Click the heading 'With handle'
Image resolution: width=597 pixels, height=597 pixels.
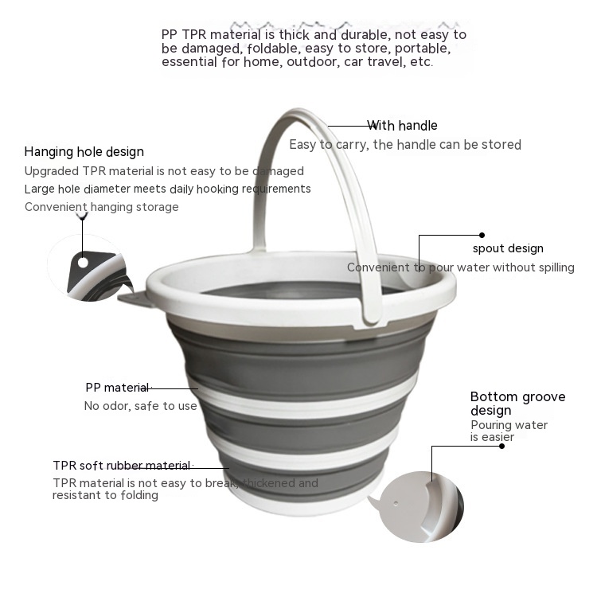(x=402, y=125)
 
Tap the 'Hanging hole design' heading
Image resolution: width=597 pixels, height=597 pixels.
(x=84, y=151)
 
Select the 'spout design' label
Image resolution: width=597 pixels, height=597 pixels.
(x=508, y=248)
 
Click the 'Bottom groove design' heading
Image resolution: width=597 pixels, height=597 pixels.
(x=518, y=404)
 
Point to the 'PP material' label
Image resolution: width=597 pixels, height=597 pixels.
(x=117, y=387)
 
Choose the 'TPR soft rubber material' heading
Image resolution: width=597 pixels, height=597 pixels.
(x=122, y=466)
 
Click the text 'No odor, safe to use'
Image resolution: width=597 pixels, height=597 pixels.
(x=140, y=406)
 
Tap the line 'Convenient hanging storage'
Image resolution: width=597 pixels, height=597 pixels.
(x=102, y=207)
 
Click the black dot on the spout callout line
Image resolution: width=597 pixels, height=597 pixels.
(x=482, y=235)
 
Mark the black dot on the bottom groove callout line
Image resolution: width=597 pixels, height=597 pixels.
(x=501, y=446)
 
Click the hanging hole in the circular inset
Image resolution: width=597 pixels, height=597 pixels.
(x=83, y=263)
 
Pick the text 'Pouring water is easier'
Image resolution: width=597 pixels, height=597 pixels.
(x=509, y=431)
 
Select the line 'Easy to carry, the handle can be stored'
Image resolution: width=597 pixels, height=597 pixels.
(x=405, y=145)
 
